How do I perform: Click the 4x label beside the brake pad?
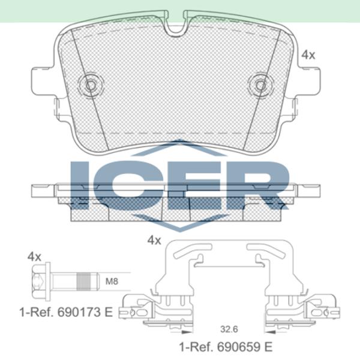[x=308, y=55]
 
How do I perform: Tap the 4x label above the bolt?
[x=34, y=257]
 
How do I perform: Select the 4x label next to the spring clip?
[x=154, y=240]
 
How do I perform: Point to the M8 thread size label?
[x=112, y=280]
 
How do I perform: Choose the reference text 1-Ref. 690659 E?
[x=226, y=346]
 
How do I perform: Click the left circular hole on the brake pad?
[x=92, y=85]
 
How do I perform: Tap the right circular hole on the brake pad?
[x=261, y=85]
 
